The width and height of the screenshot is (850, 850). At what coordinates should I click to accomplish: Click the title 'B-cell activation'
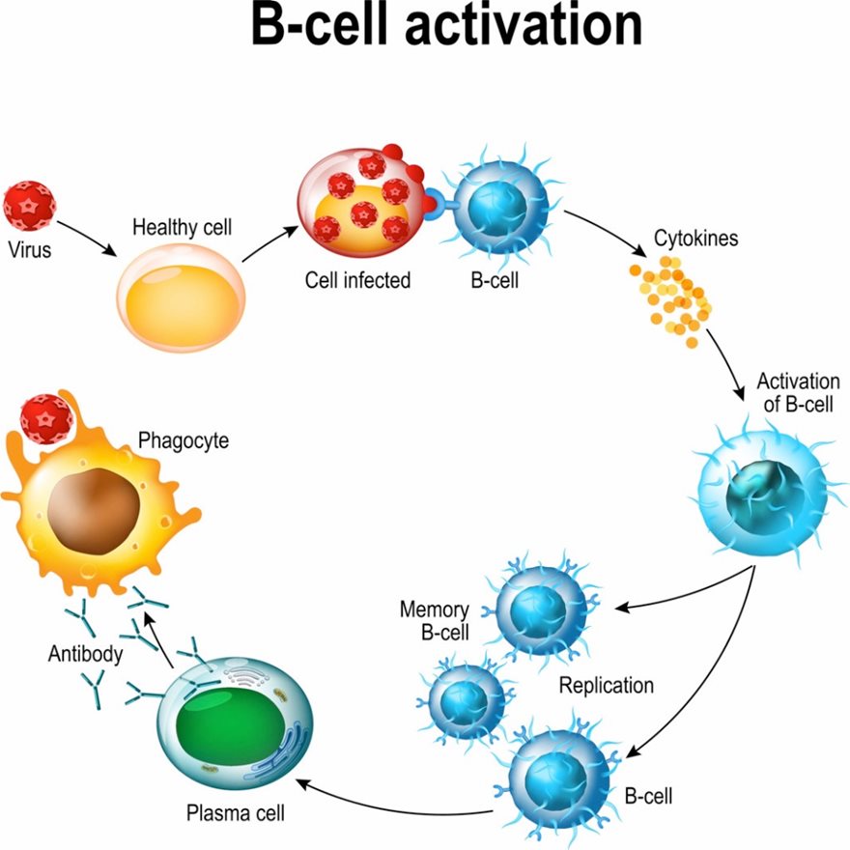[x=445, y=26]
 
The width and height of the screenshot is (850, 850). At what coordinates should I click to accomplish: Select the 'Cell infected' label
[x=357, y=280]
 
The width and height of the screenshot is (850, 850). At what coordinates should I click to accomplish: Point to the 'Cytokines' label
[x=695, y=237]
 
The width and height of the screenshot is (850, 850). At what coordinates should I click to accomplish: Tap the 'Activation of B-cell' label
[x=798, y=391]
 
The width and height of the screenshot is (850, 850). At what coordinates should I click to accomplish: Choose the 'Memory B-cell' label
[x=435, y=621]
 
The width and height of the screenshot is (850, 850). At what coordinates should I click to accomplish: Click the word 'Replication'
[x=607, y=685]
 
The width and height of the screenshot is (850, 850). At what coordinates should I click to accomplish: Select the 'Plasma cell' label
[x=229, y=810]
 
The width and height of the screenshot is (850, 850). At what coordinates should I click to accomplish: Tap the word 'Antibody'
[x=86, y=655]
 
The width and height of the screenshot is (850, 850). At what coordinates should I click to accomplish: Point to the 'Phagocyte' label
[x=183, y=441]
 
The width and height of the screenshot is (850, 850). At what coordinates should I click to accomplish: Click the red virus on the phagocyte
[x=46, y=418]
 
